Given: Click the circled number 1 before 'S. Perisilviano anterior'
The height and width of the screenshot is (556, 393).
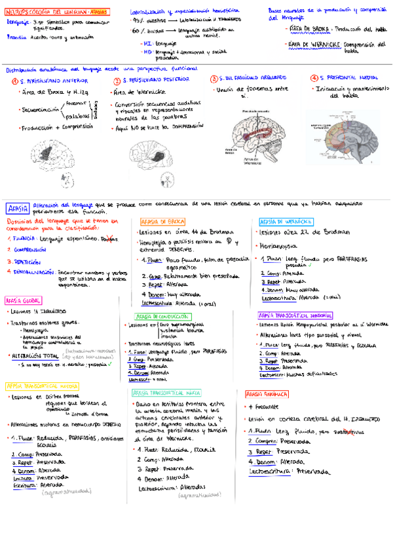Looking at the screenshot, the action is point(15,81).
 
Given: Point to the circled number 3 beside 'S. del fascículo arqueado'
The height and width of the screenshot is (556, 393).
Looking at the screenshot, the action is point(214,79).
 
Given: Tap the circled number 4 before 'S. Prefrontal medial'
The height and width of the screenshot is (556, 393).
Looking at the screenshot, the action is point(314,78).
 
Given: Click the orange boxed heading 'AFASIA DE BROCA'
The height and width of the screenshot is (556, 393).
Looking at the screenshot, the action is point(162,222).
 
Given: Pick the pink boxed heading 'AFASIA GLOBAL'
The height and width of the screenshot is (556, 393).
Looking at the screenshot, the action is point(24,300).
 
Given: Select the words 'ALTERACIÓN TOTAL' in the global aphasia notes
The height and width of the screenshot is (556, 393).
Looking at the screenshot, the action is point(33,355).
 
